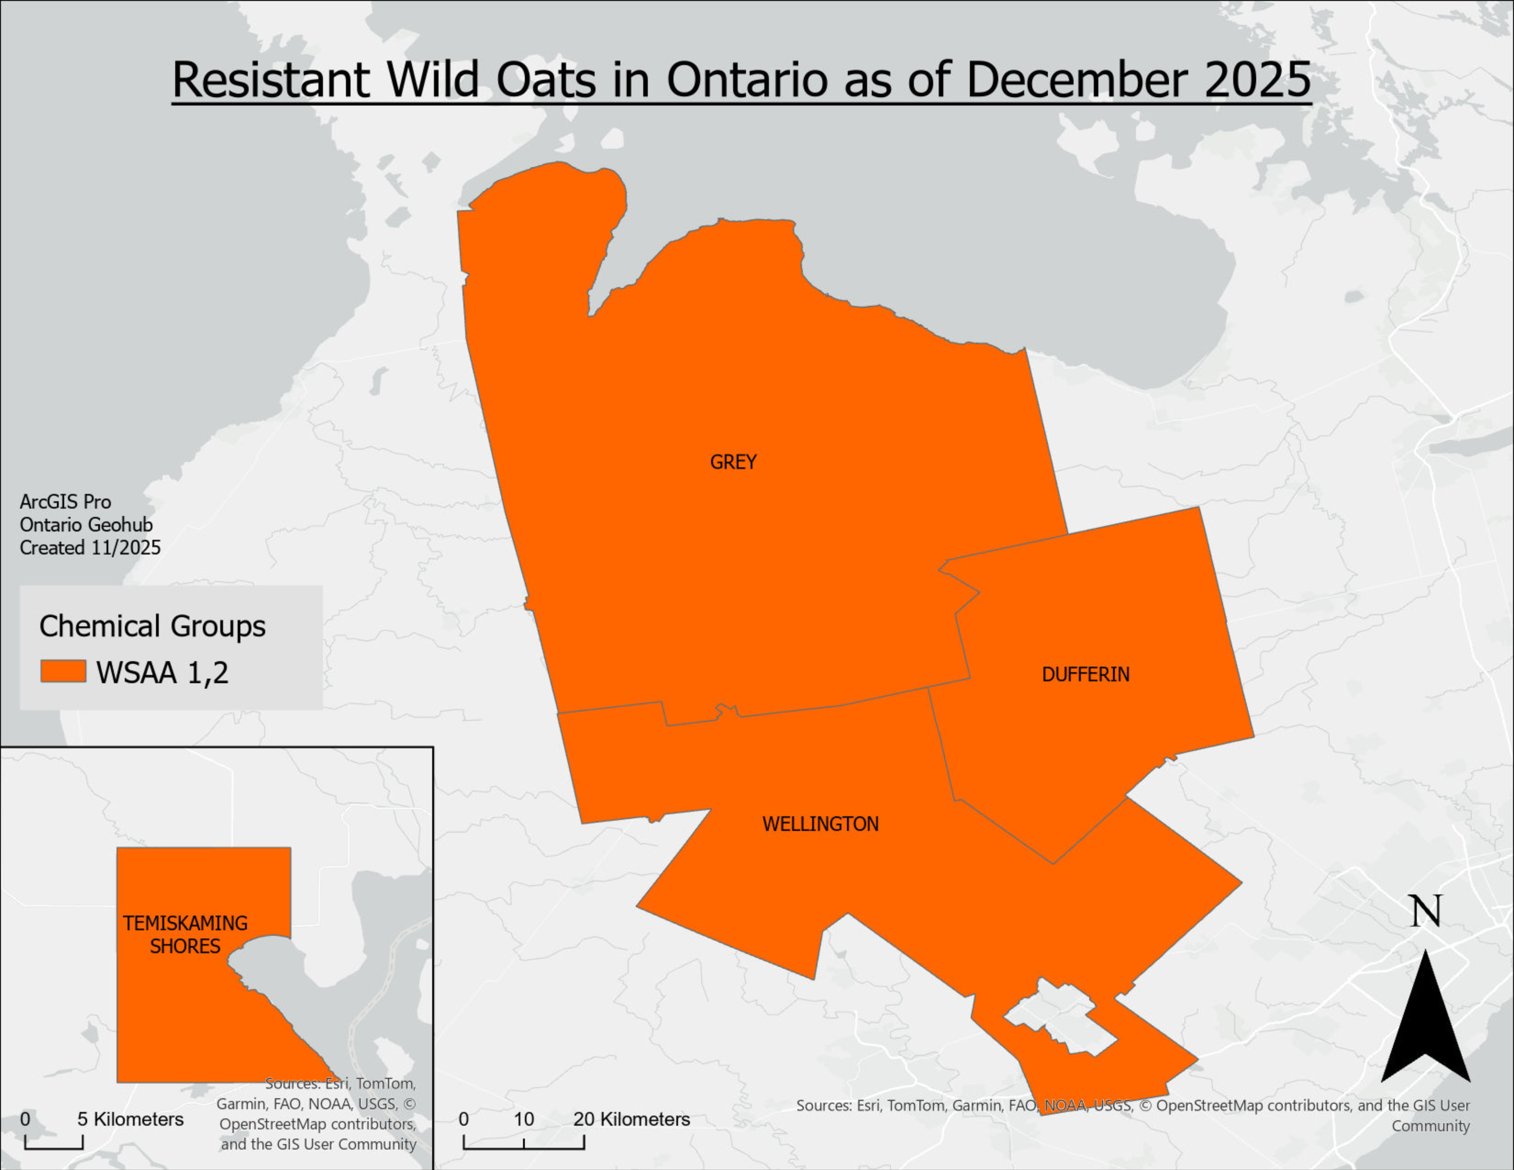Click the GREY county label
coord(733,462)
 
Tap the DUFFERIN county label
coord(1085,674)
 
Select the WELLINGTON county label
coord(820,824)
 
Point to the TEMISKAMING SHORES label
coord(185,934)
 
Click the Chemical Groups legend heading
coord(152,626)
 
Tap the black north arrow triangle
coord(1425,1026)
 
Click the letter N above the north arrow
coord(1425,911)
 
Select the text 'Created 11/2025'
coord(90,548)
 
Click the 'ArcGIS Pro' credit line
coord(65,502)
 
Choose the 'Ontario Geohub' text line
coord(86,525)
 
